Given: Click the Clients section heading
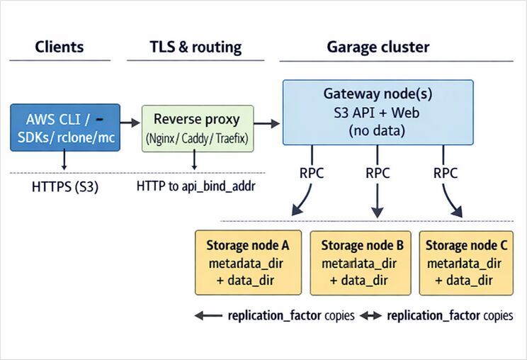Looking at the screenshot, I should (59, 47).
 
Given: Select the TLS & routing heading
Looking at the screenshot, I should (195, 47).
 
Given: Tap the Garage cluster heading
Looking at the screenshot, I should (378, 47).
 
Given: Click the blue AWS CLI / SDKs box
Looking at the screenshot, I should (65, 128).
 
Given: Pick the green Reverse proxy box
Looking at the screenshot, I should (197, 128).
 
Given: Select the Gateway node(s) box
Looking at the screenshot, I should (378, 113).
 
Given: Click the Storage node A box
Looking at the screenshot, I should (248, 262).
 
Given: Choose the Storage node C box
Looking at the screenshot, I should (466, 262).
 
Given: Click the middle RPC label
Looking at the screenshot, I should (378, 172).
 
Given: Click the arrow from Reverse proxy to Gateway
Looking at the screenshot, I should (267, 124).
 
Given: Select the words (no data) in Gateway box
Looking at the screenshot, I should (378, 130).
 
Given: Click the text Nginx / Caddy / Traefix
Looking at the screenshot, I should (197, 140).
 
